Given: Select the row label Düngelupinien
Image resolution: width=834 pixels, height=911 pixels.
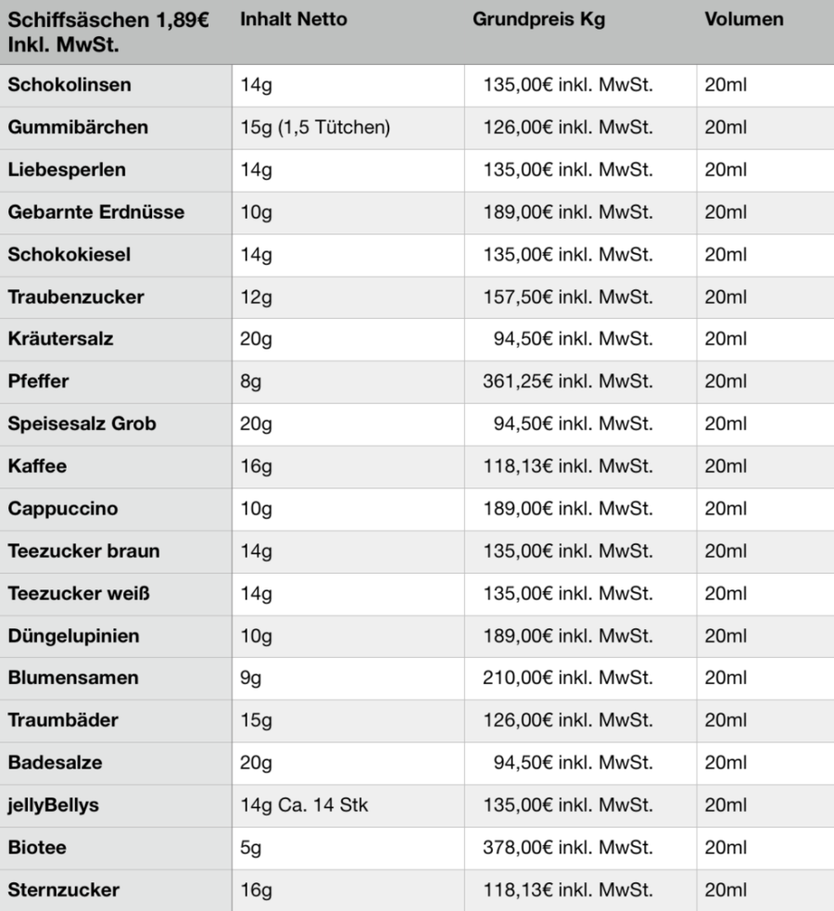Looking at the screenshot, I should [75, 636].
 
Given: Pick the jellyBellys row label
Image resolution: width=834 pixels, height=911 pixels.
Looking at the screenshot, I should [53, 805].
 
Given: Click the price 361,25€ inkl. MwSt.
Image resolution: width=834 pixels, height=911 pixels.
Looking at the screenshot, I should [568, 381].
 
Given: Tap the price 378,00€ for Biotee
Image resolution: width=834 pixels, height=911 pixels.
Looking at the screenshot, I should [568, 848].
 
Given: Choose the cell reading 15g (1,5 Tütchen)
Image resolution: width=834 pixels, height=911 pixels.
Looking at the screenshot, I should [313, 127].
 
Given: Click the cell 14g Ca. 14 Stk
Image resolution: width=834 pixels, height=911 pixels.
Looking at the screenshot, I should [304, 805].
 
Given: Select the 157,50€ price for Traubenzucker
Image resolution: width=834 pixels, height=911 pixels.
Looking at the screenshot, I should [568, 297].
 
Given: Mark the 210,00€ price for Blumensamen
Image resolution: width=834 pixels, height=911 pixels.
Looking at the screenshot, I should [568, 678].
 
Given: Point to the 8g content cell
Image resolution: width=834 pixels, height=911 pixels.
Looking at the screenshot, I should [250, 381].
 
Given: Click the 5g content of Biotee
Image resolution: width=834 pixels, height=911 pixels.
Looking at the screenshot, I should [250, 848].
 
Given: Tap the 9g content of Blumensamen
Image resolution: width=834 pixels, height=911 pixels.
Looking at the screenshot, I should [250, 678].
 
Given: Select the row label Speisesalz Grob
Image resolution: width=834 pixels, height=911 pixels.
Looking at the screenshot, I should [82, 424].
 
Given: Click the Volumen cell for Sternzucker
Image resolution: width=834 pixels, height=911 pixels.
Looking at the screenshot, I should [725, 891].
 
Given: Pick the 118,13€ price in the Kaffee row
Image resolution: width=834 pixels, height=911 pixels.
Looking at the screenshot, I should [568, 466].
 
